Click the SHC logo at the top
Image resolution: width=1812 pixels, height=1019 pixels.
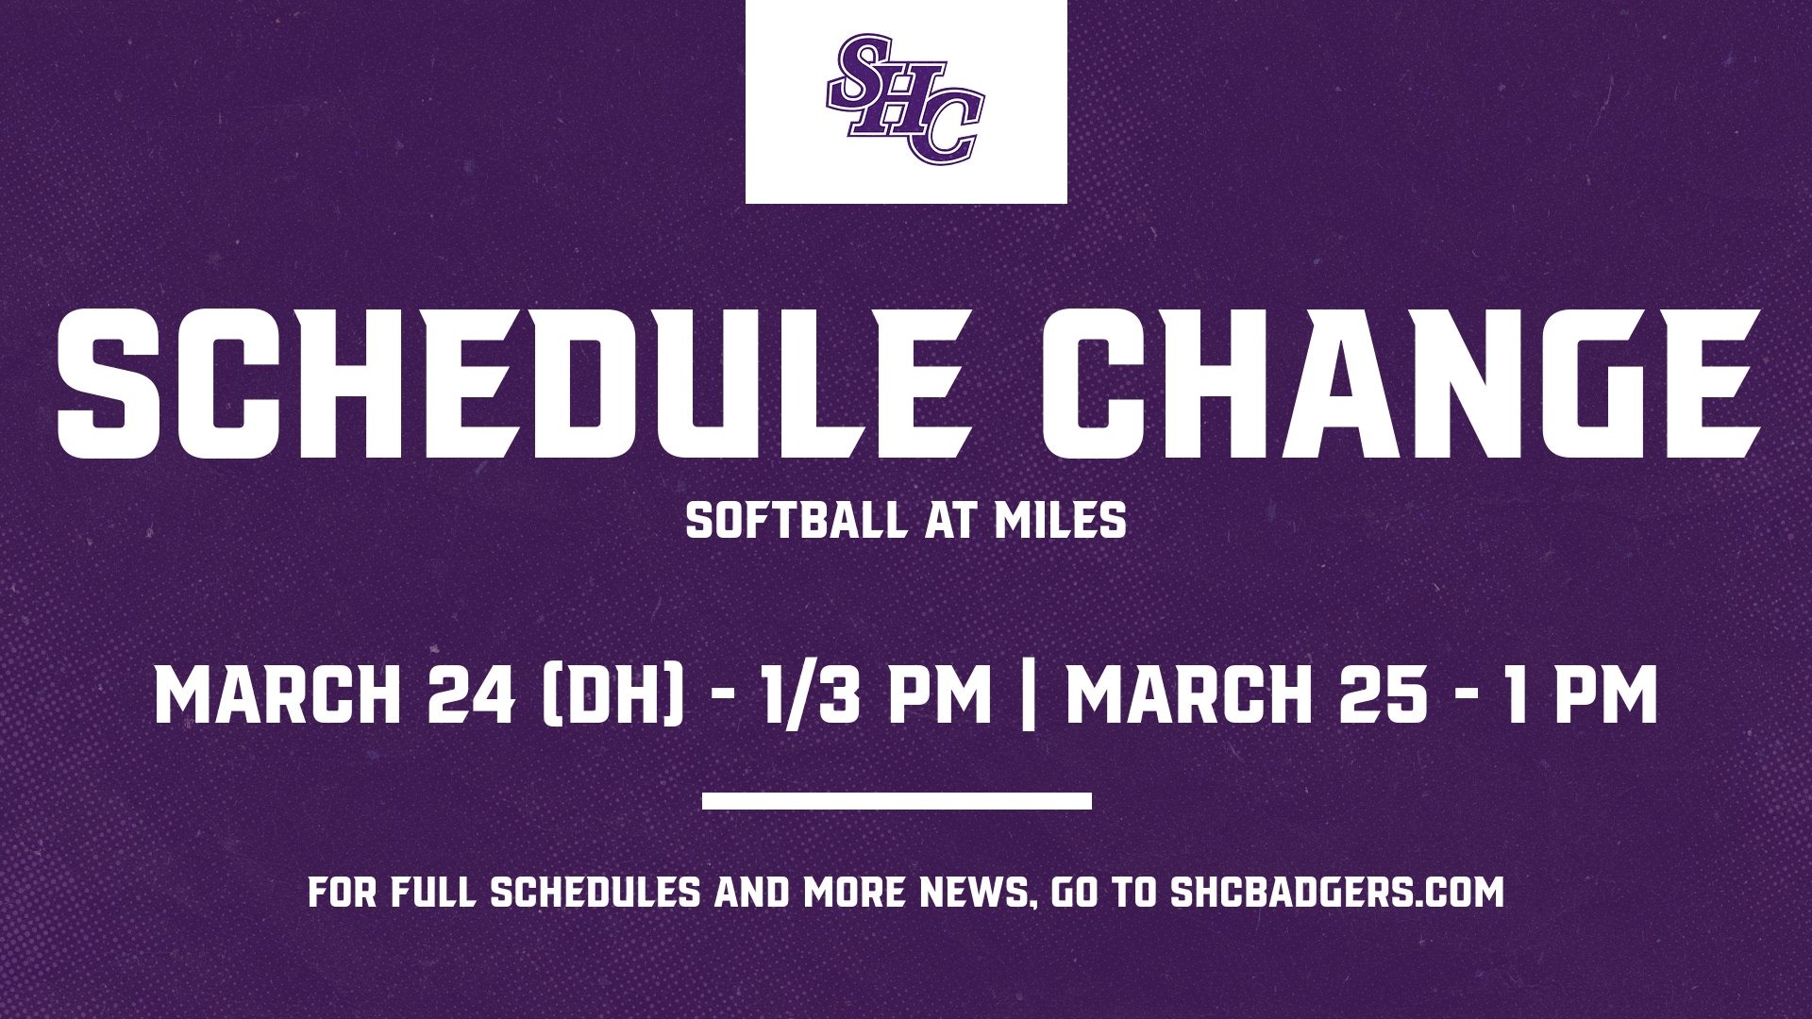tap(905, 99)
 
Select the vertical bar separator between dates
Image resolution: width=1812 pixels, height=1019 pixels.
tap(1029, 695)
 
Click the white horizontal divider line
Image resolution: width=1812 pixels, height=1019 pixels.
tap(897, 801)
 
